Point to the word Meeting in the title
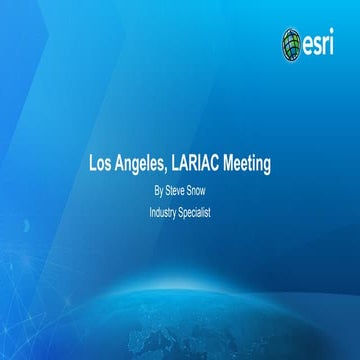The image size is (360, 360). coord(255,160)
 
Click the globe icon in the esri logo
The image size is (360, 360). coord(291,42)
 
